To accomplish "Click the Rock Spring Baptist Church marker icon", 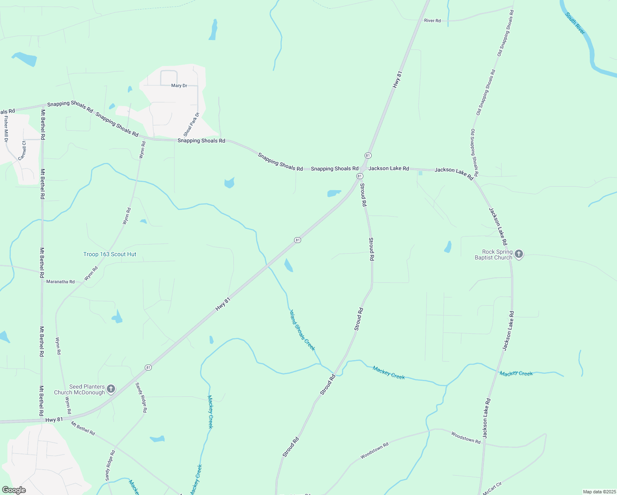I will pos(519,254).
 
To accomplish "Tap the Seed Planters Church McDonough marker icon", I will pos(111,389).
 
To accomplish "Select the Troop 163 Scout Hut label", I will pos(110,255).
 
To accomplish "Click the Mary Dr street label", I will pos(179,86).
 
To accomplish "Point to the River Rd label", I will pos(432,21).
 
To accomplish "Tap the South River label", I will pos(575,24).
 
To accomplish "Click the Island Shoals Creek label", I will pos(302,330).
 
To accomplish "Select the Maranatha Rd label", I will pos(60,282).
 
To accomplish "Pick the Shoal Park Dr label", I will pos(191,125).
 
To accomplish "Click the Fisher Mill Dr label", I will pos(6,129).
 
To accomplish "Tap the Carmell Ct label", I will pos(22,150).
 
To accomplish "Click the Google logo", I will pos(14,490).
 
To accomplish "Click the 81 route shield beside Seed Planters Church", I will pos(148,368).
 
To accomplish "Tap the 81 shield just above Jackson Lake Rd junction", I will pos(368,156).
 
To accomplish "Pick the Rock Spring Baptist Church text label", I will pos(493,255).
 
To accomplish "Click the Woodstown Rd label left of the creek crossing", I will pos(374,450).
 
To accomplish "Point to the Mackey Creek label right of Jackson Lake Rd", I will pos(516,373).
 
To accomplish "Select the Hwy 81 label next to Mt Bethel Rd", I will pos(54,420).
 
